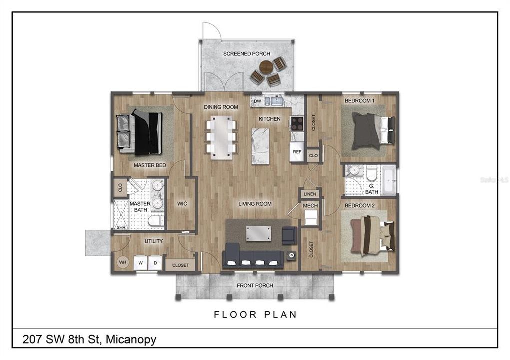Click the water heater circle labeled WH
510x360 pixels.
tap(123, 262)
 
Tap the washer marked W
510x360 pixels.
tap(141, 263)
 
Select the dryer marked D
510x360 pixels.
tap(155, 263)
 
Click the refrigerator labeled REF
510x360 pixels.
tap(297, 152)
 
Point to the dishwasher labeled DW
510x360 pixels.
tap(257, 101)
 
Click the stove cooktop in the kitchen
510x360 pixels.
tap(297, 123)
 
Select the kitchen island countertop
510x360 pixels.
tap(260, 146)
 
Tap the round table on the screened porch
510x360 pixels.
tap(266, 67)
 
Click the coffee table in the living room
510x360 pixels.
tap(259, 234)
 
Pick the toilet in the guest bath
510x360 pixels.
tap(371, 173)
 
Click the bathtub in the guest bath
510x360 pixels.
tap(388, 181)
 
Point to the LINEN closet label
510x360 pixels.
tap(310, 194)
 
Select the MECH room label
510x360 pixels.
tap(310, 206)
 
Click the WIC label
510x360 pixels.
tap(182, 204)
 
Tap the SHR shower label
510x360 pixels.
tap(121, 227)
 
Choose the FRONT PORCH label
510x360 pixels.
tap(255, 285)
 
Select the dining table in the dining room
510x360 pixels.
tap(221, 137)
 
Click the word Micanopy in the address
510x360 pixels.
tap(131, 340)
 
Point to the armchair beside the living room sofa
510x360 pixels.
tap(289, 235)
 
